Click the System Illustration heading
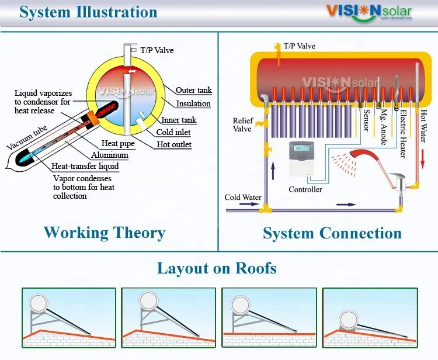pyautogui.click(x=88, y=12)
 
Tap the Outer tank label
pyautogui.click(x=194, y=91)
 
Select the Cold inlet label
pyautogui.click(x=173, y=133)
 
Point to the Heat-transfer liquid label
pyautogui.click(x=85, y=167)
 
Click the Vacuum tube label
pyautogui.click(x=26, y=137)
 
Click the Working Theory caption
pyautogui.click(x=105, y=233)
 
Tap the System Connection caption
pyautogui.click(x=332, y=233)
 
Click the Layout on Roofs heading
pyautogui.click(x=217, y=268)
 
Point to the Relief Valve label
pyautogui.click(x=242, y=125)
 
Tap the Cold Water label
pyautogui.click(x=243, y=198)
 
